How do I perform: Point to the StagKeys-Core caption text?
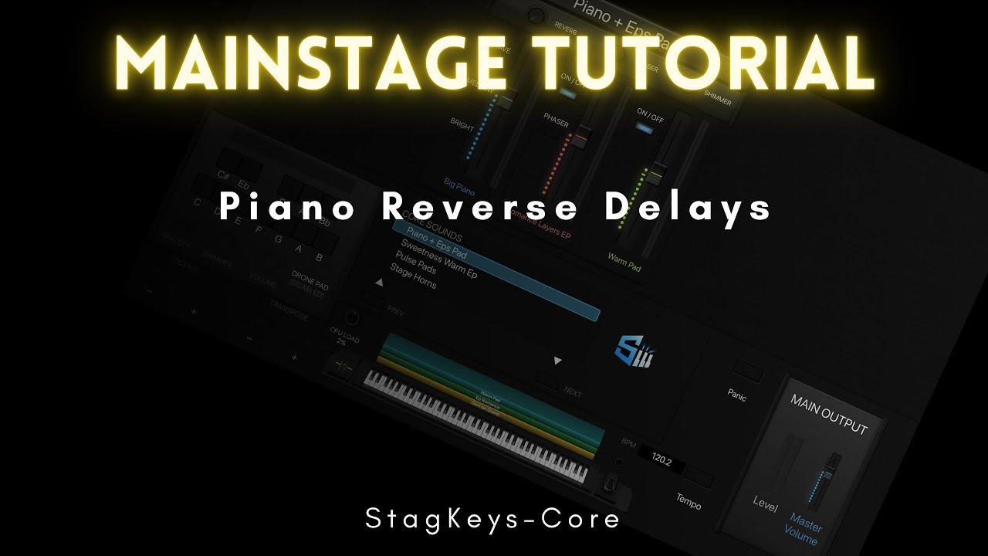(x=493, y=519)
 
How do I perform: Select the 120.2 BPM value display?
(x=661, y=461)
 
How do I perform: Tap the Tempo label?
(x=689, y=501)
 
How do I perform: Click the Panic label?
(x=737, y=395)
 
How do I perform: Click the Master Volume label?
(x=804, y=530)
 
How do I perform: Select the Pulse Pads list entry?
(x=416, y=264)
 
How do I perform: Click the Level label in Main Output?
(x=764, y=503)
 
